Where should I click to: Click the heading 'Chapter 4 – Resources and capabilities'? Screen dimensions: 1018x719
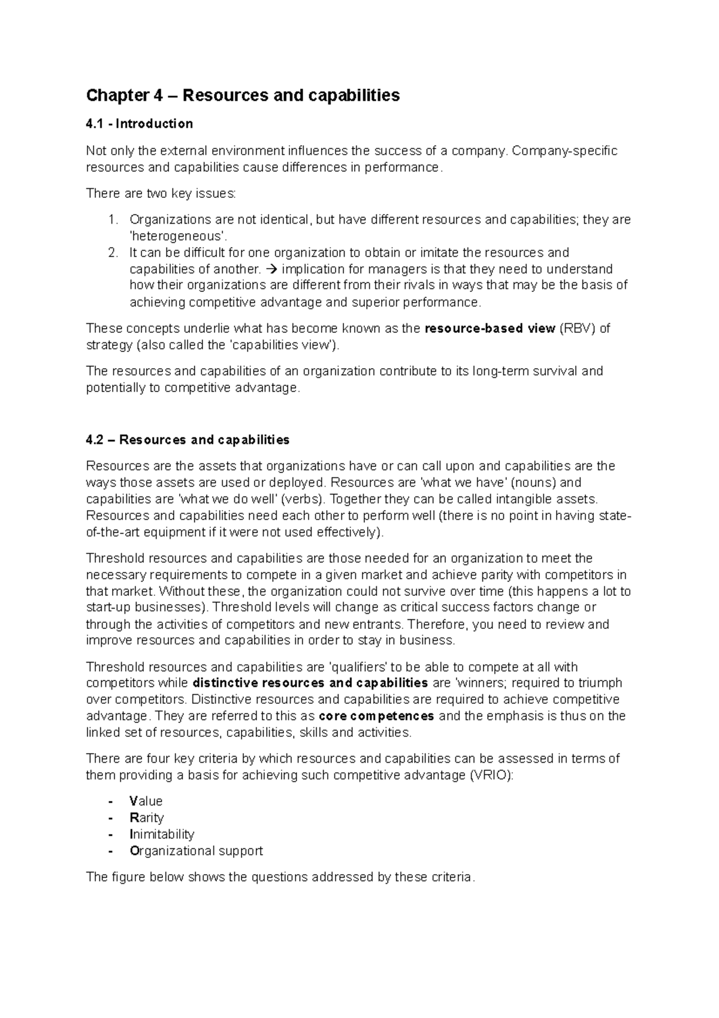pyautogui.click(x=243, y=95)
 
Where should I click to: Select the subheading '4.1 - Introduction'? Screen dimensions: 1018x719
pyautogui.click(x=139, y=124)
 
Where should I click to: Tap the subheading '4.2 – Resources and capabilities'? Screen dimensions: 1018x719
pyautogui.click(x=188, y=440)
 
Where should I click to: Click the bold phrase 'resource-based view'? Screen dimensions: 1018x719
pyautogui.click(x=489, y=329)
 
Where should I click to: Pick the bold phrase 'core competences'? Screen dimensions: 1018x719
pyautogui.click(x=376, y=716)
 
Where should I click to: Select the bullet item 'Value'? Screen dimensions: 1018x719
pyautogui.click(x=146, y=802)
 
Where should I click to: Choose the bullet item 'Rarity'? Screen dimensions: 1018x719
pyautogui.click(x=146, y=818)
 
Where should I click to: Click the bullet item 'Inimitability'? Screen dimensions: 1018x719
pyautogui.click(x=161, y=835)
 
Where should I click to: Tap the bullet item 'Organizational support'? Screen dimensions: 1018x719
pyautogui.click(x=196, y=851)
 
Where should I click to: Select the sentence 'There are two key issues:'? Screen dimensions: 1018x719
pyautogui.click(x=161, y=194)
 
